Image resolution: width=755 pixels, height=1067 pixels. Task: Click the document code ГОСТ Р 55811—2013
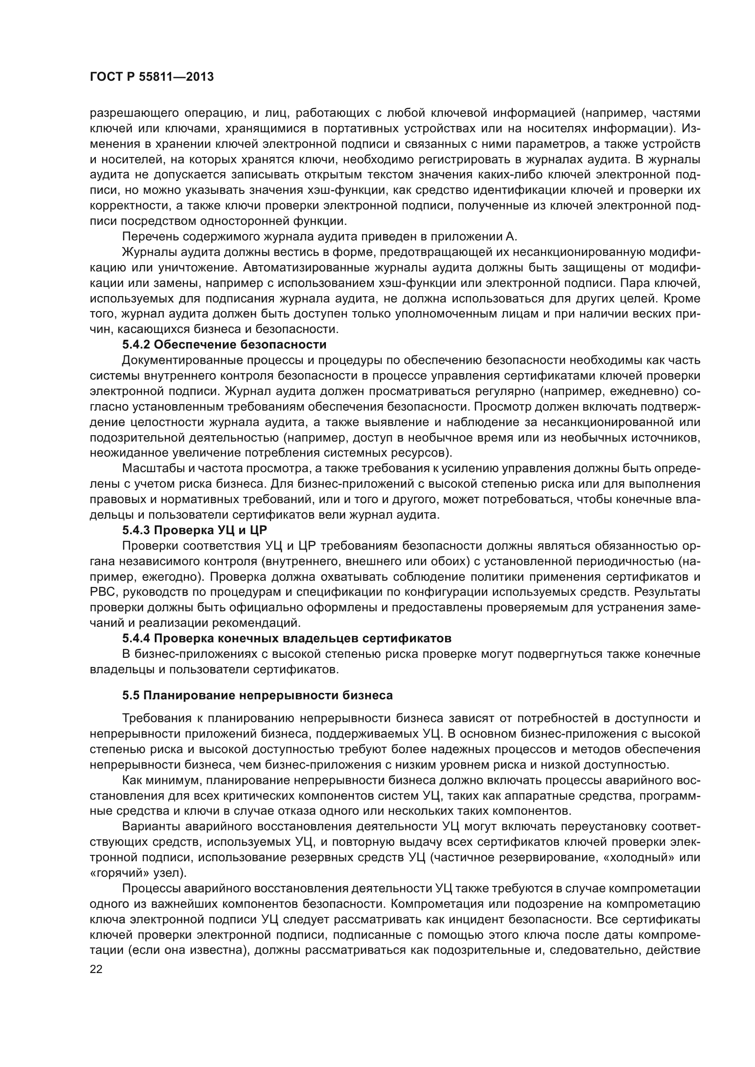152,77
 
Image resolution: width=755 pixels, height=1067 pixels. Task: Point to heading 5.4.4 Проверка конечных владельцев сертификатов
286,639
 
